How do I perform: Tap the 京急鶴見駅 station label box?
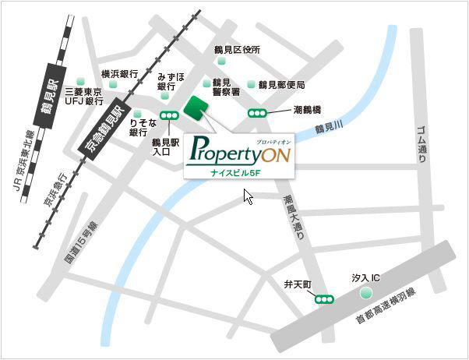point(100,132)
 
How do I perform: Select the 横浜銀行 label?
point(120,73)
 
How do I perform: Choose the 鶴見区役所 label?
point(237,50)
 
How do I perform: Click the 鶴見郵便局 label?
point(281,84)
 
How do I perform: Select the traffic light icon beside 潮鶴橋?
point(256,112)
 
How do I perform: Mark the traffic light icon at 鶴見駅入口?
point(168,115)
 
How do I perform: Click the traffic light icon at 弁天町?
point(323,298)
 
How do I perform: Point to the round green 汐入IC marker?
point(365,294)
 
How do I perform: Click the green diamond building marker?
point(195,108)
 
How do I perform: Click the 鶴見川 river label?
point(329,125)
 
